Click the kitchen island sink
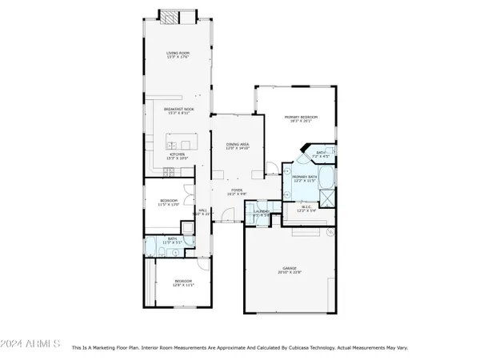coord(170,144)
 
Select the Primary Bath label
coord(305,178)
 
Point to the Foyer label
coord(238,191)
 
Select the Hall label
coord(202,212)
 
